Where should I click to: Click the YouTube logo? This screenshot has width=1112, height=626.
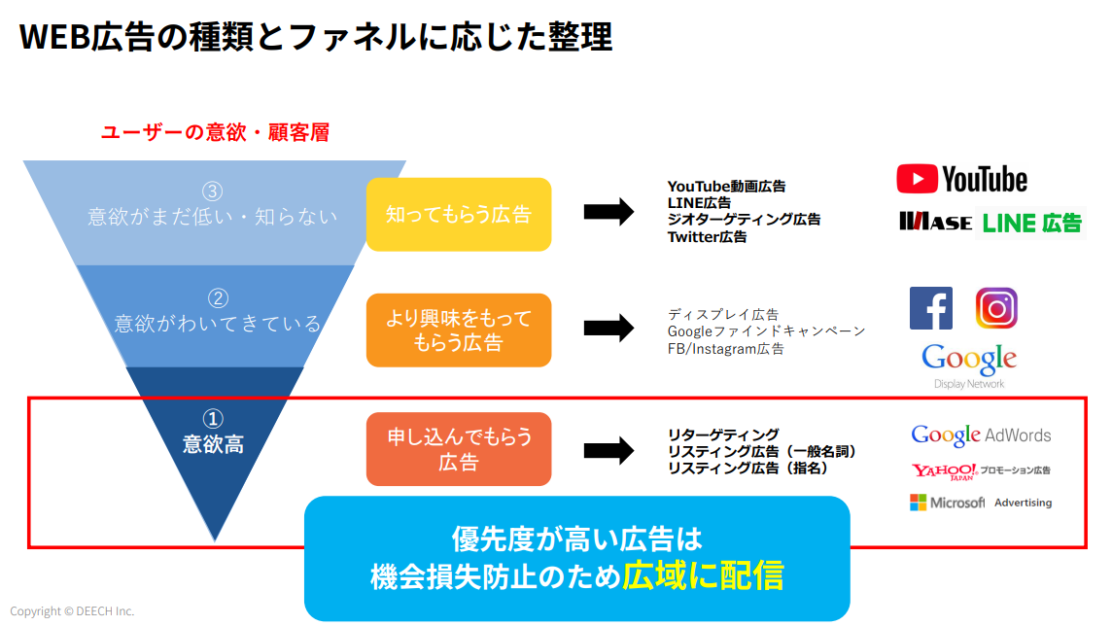pyautogui.click(x=961, y=180)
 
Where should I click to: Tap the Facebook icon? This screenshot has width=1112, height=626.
pyautogui.click(x=930, y=308)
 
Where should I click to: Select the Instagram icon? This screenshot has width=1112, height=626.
pyautogui.click(x=996, y=308)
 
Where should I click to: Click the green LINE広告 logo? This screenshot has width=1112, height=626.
pyautogui.click(x=1031, y=224)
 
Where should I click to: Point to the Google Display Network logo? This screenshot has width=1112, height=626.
pyautogui.click(x=969, y=365)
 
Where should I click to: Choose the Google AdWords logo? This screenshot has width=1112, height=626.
pyautogui.click(x=981, y=435)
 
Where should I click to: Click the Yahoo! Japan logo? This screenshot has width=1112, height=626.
pyautogui.click(x=981, y=470)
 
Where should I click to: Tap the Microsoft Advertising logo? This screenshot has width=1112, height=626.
pyautogui.click(x=981, y=503)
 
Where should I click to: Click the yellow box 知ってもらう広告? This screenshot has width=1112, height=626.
pyautogui.click(x=459, y=214)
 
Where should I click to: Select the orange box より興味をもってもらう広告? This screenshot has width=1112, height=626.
pyautogui.click(x=459, y=330)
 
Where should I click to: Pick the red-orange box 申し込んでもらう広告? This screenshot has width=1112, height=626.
pyautogui.click(x=459, y=449)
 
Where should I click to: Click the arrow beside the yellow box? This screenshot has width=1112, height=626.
pyautogui.click(x=608, y=211)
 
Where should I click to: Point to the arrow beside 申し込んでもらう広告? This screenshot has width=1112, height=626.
pyautogui.click(x=608, y=450)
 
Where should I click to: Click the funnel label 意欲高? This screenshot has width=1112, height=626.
pyautogui.click(x=214, y=444)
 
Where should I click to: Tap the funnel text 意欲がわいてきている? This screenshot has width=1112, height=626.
pyautogui.click(x=218, y=324)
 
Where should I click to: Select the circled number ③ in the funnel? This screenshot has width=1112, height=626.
pyautogui.click(x=213, y=191)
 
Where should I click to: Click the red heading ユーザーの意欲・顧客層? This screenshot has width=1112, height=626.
pyautogui.click(x=216, y=132)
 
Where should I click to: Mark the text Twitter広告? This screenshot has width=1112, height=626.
pyautogui.click(x=707, y=237)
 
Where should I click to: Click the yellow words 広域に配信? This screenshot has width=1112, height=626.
pyautogui.click(x=704, y=575)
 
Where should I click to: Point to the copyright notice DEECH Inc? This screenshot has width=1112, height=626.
pyautogui.click(x=72, y=611)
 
